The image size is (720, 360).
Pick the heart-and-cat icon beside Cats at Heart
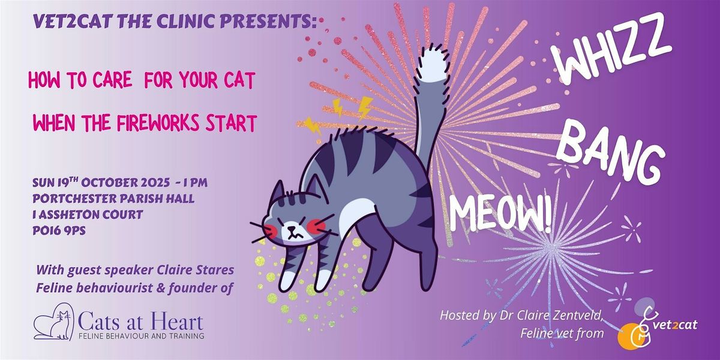pyautogui.click(x=53, y=322)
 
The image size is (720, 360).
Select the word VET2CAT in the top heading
pyautogui.click(x=73, y=22)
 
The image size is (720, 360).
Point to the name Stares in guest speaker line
pyautogui.click(x=215, y=270)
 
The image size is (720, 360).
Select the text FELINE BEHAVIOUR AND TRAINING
pyautogui.click(x=142, y=336)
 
